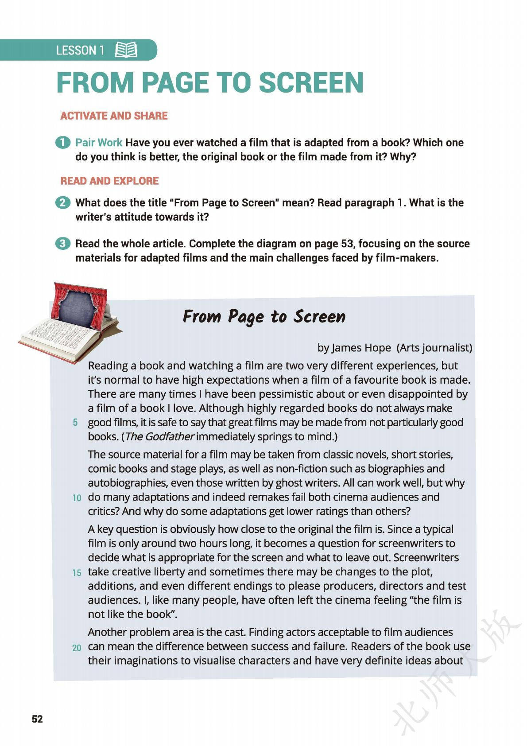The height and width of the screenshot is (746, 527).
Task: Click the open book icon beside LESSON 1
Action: point(126,50)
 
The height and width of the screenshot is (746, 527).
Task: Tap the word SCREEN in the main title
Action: point(311,83)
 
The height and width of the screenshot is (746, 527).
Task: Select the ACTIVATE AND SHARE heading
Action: point(114,116)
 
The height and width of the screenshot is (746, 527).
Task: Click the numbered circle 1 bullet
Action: point(62,143)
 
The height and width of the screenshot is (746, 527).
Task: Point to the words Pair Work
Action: point(98,143)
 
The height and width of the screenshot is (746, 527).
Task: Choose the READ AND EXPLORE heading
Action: point(109,181)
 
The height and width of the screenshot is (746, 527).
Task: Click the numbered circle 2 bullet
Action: point(62,203)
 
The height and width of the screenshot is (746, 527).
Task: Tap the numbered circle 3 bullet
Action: point(62,244)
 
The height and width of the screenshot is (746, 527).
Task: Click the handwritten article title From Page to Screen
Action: point(264,317)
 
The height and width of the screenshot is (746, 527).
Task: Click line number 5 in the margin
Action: point(75,423)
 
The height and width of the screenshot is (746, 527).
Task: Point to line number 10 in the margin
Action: point(77,497)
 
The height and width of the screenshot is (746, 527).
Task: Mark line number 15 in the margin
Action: point(77,572)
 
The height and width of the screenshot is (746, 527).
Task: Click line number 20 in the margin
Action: point(77,647)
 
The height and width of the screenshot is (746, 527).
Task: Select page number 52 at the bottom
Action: point(37,719)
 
